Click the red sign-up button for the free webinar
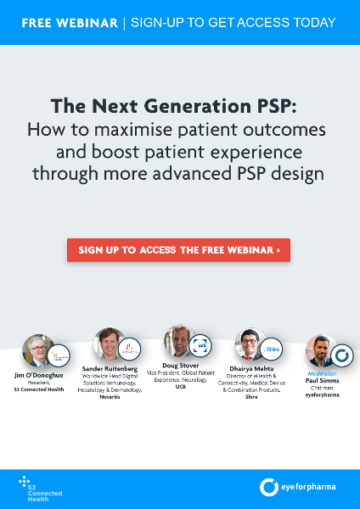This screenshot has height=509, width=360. (x=179, y=250)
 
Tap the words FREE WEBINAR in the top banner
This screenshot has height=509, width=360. (x=70, y=22)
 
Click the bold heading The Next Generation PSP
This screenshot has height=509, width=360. (x=178, y=106)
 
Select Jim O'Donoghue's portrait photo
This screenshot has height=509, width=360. (x=38, y=351)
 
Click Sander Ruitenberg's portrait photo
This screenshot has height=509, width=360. (x=109, y=345)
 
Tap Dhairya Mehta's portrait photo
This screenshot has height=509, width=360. (x=250, y=346)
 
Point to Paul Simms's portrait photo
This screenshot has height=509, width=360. (x=320, y=351)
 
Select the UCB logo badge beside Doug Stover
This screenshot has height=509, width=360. (x=200, y=345)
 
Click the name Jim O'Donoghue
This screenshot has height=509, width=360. (x=39, y=375)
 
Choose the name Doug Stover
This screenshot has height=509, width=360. (x=179, y=366)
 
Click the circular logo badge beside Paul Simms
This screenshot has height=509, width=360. (x=341, y=355)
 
